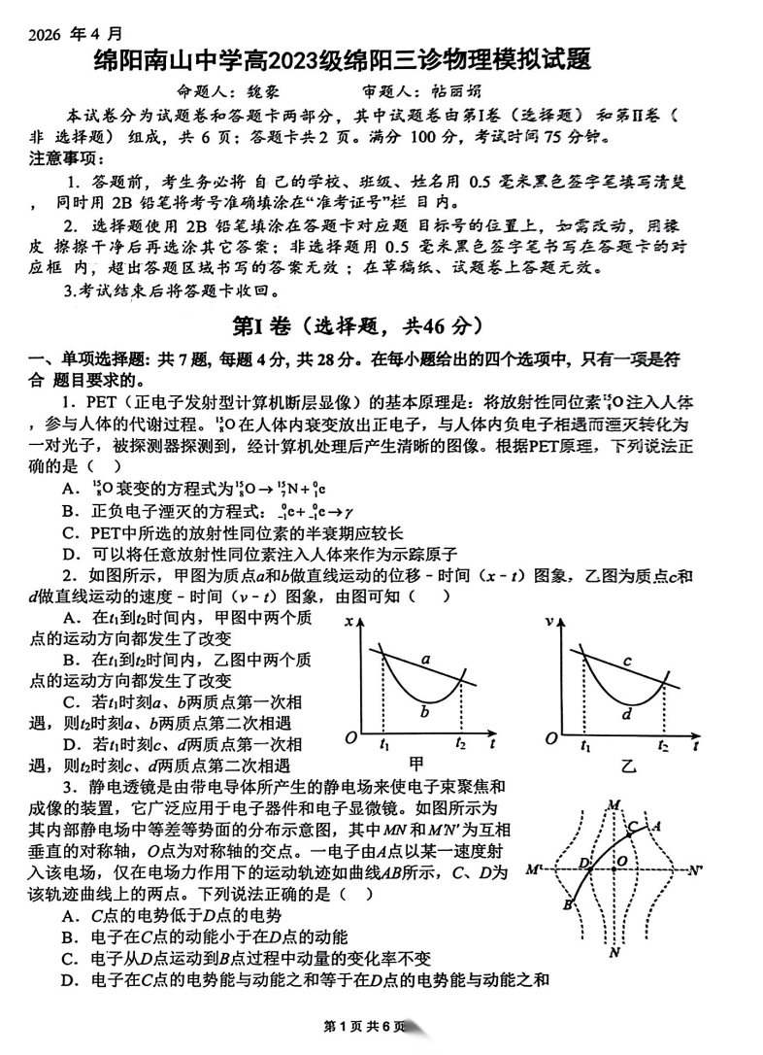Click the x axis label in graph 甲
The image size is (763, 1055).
(x=348, y=621)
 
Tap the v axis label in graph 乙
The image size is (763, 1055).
(x=550, y=621)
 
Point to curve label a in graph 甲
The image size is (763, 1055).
(x=424, y=660)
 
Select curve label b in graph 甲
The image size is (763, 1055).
(x=423, y=712)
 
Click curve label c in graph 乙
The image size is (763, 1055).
(x=627, y=662)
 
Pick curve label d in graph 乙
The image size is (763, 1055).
(x=627, y=715)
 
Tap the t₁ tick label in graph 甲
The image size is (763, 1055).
(x=384, y=745)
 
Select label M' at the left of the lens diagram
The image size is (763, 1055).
(x=533, y=868)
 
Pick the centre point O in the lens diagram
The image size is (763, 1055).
(x=620, y=861)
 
